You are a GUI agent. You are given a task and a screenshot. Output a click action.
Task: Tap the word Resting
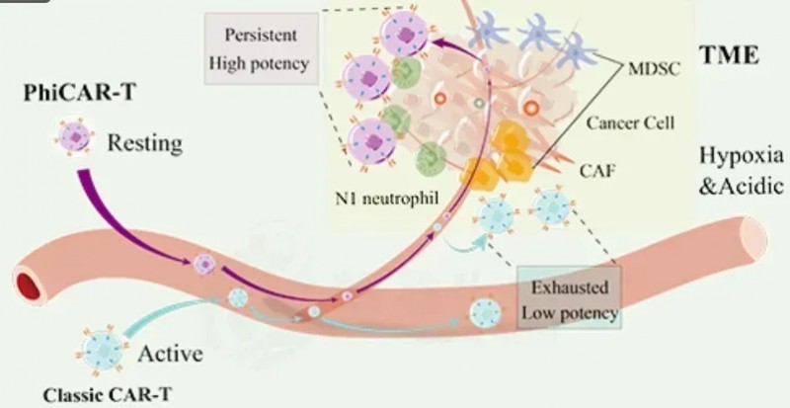145,143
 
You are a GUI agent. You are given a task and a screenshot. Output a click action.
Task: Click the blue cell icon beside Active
103,351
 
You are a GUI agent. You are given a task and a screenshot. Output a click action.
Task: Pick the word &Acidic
739,183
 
